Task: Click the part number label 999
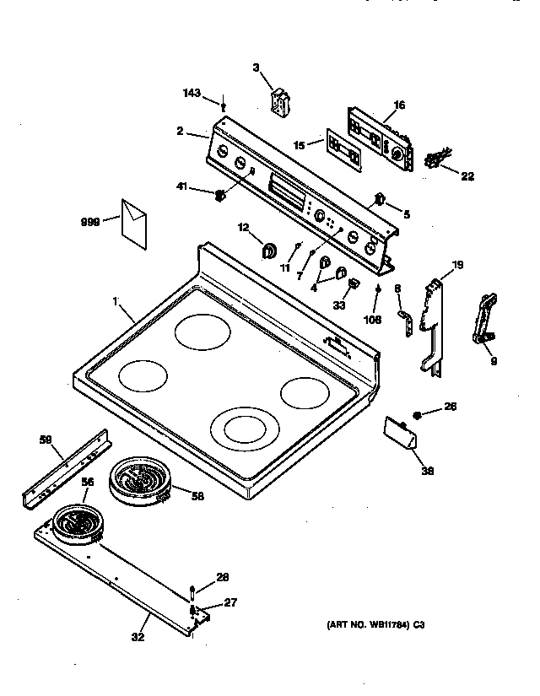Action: pyautogui.click(x=89, y=221)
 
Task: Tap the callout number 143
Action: pyautogui.click(x=192, y=93)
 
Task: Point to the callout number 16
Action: pyautogui.click(x=398, y=105)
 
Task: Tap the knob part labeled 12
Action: pyautogui.click(x=270, y=250)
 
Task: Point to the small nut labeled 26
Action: pyautogui.click(x=418, y=414)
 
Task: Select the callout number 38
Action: pyautogui.click(x=427, y=472)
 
